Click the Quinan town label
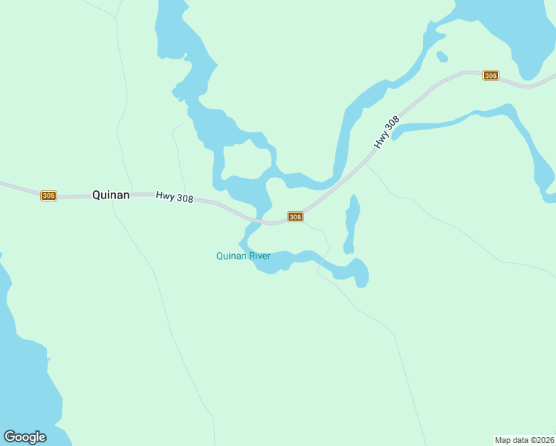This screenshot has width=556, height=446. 111,195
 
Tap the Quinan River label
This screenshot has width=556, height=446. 243,256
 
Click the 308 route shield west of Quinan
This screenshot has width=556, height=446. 48,195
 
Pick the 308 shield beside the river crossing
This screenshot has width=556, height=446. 295,217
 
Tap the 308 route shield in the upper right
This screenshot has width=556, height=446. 490,76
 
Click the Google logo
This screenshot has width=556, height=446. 25,436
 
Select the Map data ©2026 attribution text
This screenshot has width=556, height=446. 524,440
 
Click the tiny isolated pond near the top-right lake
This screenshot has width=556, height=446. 442,56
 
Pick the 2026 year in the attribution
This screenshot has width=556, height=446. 543,440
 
